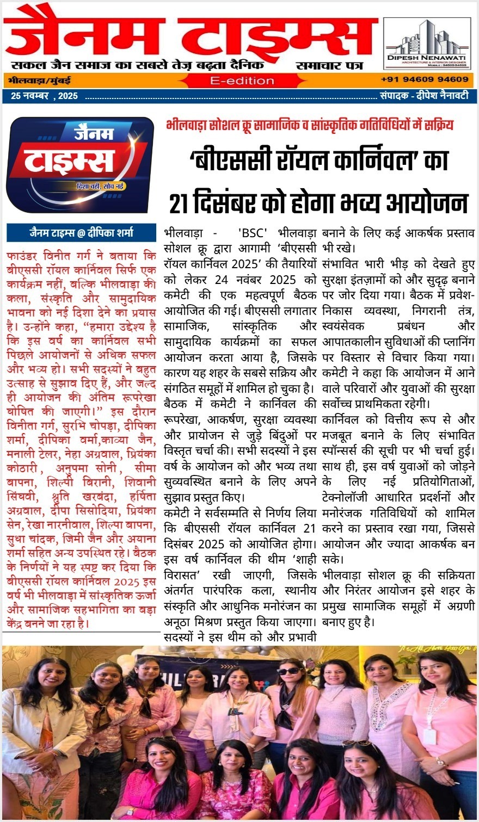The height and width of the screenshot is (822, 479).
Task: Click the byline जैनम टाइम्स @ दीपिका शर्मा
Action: pyautogui.click(x=81, y=233)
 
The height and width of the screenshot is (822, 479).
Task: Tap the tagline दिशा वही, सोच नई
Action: pyautogui.click(x=100, y=187)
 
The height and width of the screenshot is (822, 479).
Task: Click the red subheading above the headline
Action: pyautogui.click(x=310, y=125)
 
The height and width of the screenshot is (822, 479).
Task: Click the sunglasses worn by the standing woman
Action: pyautogui.click(x=288, y=671)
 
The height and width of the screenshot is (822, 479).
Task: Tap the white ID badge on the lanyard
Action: pyautogui.click(x=430, y=736)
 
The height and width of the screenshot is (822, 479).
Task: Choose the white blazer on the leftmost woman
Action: pyautogui.click(x=33, y=740)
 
